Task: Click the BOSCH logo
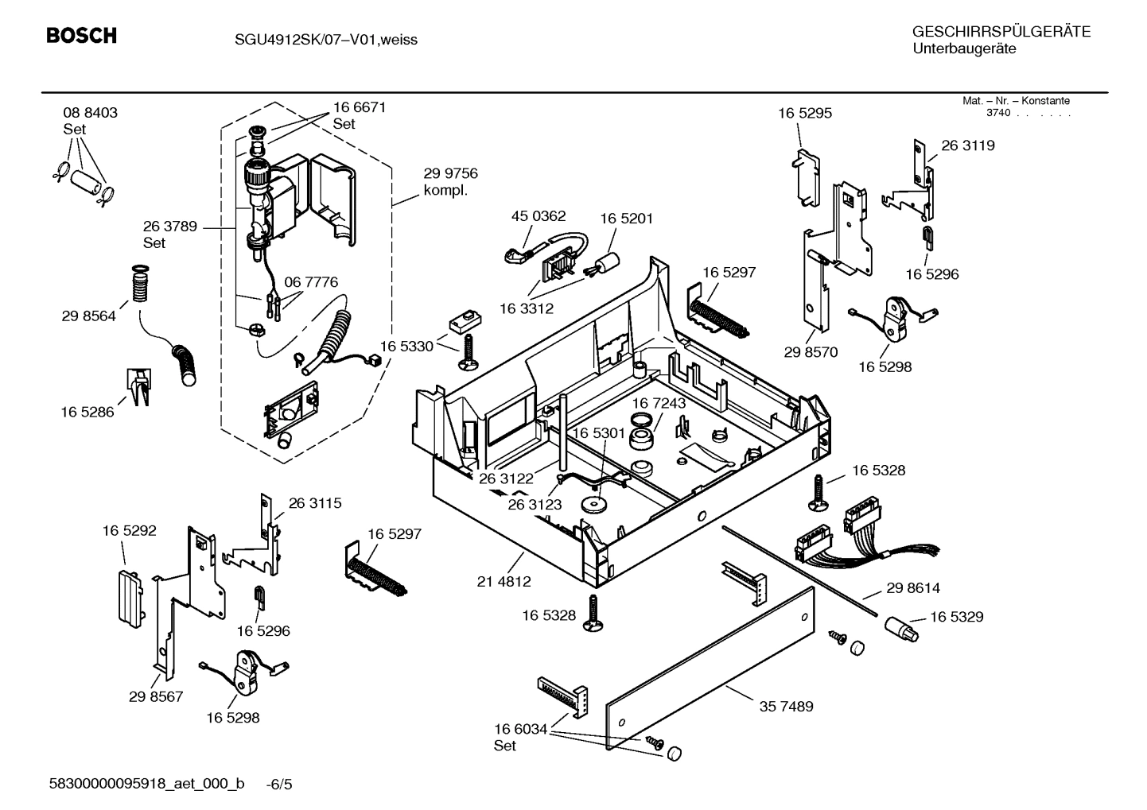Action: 81,36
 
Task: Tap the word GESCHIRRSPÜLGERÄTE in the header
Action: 1001,32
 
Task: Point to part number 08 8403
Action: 90,113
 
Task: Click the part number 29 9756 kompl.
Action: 450,174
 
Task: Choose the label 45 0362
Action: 539,216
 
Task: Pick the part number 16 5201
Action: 626,219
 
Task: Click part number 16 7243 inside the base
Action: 659,403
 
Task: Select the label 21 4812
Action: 504,581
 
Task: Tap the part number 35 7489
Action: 786,706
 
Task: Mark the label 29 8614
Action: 912,588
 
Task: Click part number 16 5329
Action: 956,617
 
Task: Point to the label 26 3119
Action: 967,145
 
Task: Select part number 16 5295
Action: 805,113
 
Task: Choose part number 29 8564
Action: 88,316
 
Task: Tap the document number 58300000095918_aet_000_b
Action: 146,784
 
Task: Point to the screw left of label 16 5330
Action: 466,352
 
